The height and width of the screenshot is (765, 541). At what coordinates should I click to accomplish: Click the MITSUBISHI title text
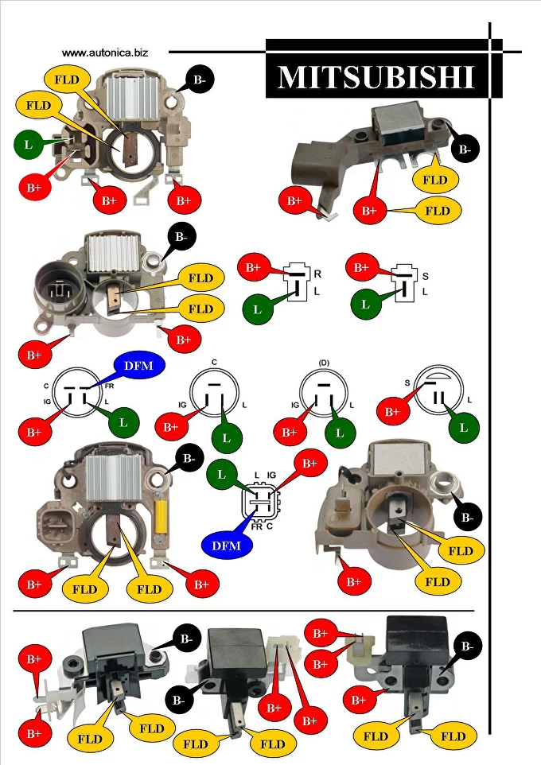[376, 76]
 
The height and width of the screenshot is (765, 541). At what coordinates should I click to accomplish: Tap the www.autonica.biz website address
[104, 52]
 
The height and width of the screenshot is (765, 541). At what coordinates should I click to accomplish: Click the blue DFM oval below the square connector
[227, 546]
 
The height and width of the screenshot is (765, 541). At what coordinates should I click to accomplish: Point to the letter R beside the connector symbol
[317, 274]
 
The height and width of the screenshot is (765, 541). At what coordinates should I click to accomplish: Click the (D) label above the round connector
[323, 363]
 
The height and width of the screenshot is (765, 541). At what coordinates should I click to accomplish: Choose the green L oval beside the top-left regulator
[29, 144]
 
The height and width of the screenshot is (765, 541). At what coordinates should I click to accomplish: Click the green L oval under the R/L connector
[257, 309]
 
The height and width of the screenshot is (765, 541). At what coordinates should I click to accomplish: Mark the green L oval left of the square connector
[222, 475]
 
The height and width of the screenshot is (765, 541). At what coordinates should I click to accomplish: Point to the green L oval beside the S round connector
[464, 428]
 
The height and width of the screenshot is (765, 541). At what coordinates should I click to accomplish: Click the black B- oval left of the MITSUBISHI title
[200, 79]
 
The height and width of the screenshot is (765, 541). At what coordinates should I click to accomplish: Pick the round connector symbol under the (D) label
[323, 395]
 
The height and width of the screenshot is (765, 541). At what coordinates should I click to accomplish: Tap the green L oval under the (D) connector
[340, 433]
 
